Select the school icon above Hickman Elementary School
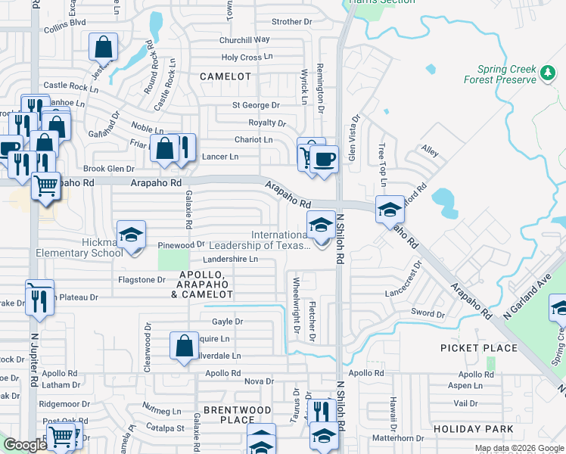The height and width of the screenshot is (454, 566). tap(131, 233)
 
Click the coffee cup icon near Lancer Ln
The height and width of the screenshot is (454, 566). tap(324, 159)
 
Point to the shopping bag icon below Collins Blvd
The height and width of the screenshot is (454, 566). tap(104, 47)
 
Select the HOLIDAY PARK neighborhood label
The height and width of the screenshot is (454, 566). tap(474, 429)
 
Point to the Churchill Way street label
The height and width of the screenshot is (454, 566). tap(244, 39)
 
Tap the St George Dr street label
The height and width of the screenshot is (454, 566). tap(256, 105)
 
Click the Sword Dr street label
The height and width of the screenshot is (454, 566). tap(428, 313)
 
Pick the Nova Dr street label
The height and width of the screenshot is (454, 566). tap(259, 381)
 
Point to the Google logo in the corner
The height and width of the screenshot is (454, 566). tap(24, 445)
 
